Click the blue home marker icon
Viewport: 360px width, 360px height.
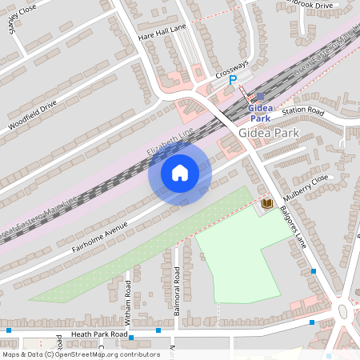pos(180,173)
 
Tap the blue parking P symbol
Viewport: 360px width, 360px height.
pos(233,80)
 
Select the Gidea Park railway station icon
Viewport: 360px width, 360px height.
pos(259,96)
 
